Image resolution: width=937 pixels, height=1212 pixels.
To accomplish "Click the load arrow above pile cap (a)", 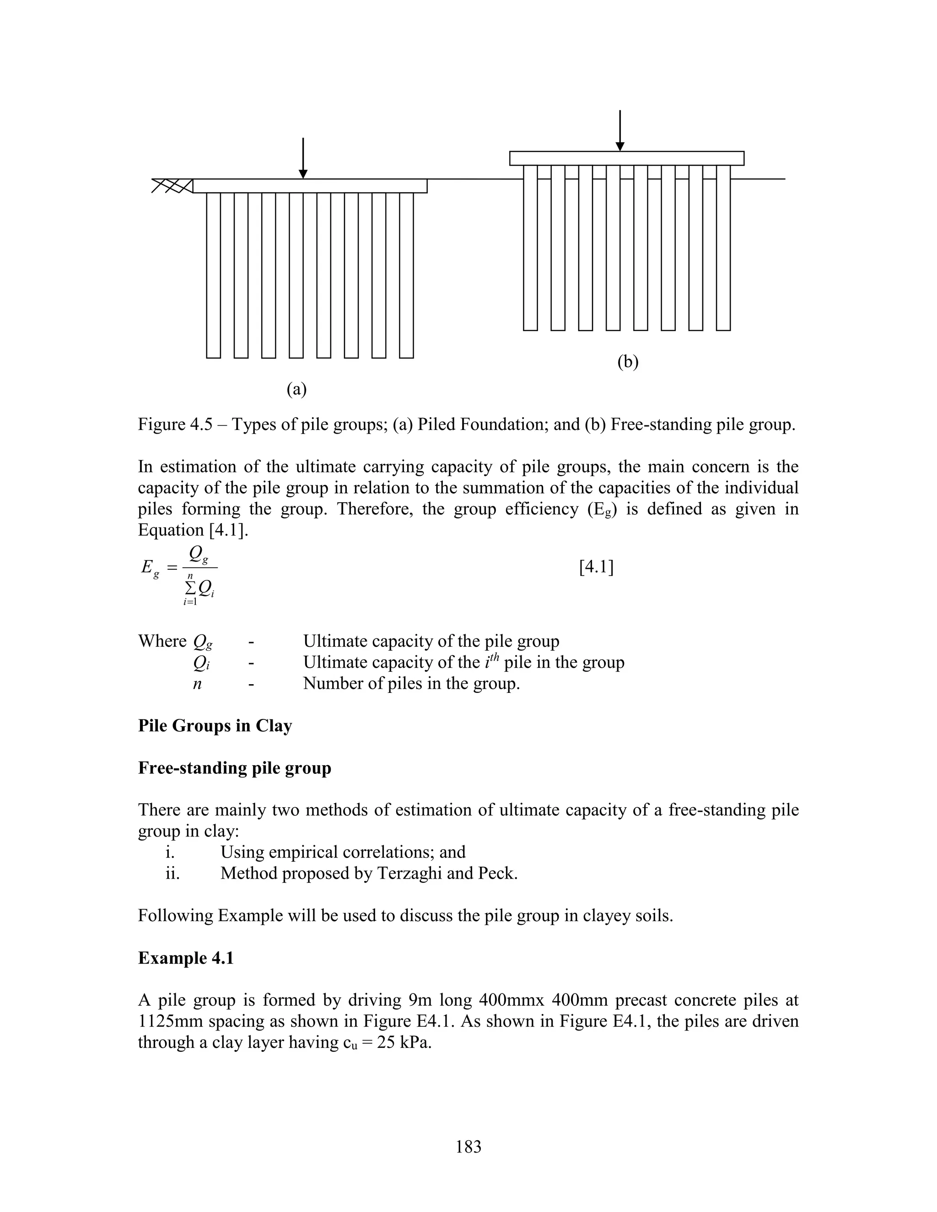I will pyautogui.click(x=303, y=158).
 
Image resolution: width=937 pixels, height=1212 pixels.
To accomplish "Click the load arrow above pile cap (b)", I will pyautogui.click(x=620, y=131).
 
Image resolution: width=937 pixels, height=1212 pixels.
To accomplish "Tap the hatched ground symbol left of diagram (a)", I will pyautogui.click(x=172, y=185).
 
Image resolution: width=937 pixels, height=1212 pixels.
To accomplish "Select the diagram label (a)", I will pyautogui.click(x=296, y=390).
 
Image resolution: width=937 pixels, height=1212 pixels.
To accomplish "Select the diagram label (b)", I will pyautogui.click(x=628, y=362).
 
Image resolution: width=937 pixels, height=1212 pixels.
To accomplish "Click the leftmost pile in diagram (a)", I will pyautogui.click(x=213, y=275).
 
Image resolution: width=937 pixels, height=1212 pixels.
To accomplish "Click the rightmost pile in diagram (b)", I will pyautogui.click(x=723, y=247).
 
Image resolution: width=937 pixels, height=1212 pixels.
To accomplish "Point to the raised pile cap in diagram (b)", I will pyautogui.click(x=627, y=158).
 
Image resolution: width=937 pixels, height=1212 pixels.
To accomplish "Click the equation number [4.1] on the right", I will pyautogui.click(x=596, y=568).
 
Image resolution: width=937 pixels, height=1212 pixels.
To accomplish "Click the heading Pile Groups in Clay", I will pyautogui.click(x=215, y=726).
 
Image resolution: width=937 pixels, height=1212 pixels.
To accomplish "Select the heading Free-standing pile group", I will pyautogui.click(x=234, y=768).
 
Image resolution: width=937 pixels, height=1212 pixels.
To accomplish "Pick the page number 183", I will pyautogui.click(x=468, y=1146).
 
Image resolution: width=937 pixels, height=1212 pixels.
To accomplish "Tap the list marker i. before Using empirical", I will pyautogui.click(x=170, y=853).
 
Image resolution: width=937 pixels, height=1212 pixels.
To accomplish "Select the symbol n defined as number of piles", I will pyautogui.click(x=197, y=684).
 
